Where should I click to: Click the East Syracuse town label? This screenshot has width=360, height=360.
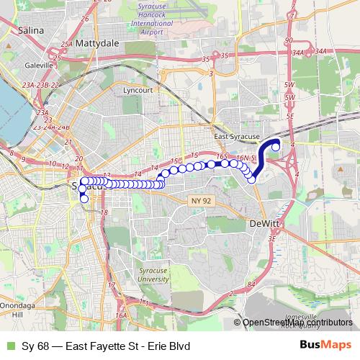[x=237, y=135]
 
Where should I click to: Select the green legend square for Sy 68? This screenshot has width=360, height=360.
[x=9, y=346]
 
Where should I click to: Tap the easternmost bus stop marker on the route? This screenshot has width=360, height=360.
[x=276, y=147]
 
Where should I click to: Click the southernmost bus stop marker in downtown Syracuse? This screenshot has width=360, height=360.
[x=84, y=199]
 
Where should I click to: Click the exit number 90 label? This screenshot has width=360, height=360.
[x=289, y=40]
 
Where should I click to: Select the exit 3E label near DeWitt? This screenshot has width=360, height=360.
[x=271, y=238]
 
